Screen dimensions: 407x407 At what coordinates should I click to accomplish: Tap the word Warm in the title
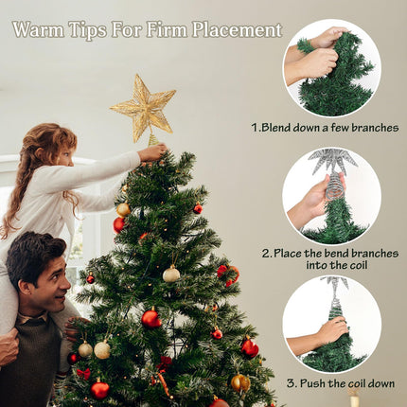(39, 29)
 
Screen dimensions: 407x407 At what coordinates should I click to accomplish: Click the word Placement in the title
(237, 29)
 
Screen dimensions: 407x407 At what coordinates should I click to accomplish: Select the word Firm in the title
(168, 29)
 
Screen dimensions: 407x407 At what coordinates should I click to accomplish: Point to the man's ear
(25, 287)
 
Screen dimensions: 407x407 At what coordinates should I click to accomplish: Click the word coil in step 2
(358, 265)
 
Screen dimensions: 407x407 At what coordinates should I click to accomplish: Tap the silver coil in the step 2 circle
(335, 186)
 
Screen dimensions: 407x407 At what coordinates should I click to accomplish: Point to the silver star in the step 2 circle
(334, 161)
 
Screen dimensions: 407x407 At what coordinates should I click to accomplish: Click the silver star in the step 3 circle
(335, 283)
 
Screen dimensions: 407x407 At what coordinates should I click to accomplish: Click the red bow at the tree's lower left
(83, 374)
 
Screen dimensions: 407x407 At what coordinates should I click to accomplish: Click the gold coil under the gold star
(153, 139)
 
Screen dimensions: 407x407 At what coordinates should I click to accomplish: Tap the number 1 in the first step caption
(255, 128)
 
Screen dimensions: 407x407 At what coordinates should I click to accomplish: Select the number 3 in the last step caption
(291, 383)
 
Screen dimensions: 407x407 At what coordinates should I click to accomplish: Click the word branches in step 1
(375, 128)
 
